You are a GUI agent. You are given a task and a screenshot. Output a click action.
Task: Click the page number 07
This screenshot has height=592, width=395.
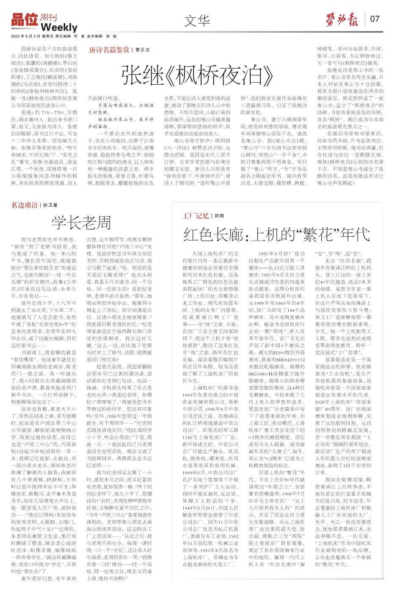click(x=375, y=19)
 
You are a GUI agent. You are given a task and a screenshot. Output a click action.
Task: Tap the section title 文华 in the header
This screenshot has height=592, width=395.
click(x=197, y=20)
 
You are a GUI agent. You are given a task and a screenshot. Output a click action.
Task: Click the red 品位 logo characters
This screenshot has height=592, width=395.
click(x=25, y=19)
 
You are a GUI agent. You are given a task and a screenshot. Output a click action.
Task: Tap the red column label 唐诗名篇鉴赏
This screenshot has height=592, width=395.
click(x=109, y=50)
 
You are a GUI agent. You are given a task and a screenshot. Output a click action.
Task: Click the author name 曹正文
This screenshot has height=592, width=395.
click(x=143, y=50)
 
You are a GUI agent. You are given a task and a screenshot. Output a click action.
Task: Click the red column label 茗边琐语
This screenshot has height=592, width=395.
click(x=24, y=205)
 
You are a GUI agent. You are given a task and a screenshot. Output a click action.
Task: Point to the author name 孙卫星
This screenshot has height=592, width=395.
click(x=50, y=206)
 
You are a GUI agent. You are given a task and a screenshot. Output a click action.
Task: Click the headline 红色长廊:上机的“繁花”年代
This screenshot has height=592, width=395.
click(x=276, y=234)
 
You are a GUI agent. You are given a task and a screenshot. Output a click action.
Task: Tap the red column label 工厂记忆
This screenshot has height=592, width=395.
click(x=195, y=216)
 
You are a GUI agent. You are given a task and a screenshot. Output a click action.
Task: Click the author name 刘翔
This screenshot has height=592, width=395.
click(x=219, y=216)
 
